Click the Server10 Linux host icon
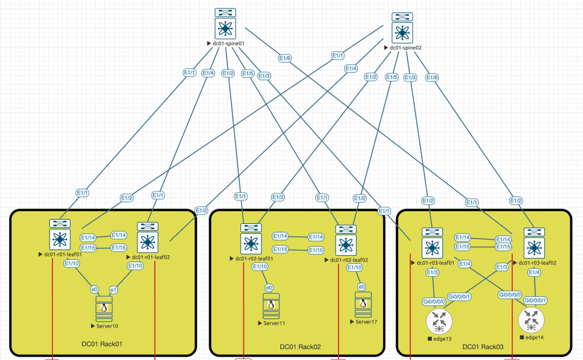[x=104, y=309]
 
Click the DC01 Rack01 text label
[x=103, y=343]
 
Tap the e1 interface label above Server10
[x=113, y=290]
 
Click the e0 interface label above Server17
[x=361, y=287]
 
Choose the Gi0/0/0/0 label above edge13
[x=434, y=301]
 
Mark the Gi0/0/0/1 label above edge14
[x=535, y=300]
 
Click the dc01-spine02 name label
[x=405, y=48]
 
